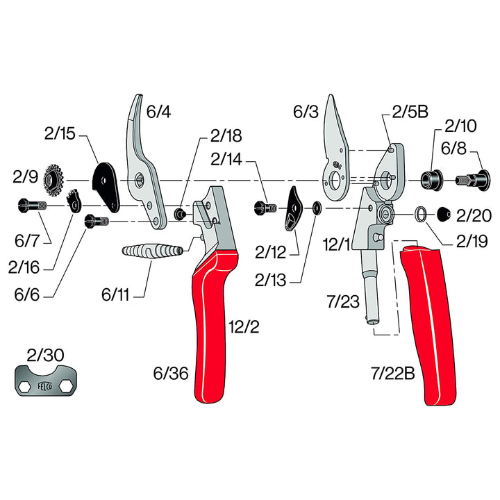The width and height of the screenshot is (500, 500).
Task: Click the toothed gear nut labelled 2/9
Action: point(53,180)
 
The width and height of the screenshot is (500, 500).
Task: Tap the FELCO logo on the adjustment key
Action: point(45,386)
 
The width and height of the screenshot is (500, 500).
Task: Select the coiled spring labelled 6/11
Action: point(153,251)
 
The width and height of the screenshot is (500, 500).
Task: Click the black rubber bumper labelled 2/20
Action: point(444,214)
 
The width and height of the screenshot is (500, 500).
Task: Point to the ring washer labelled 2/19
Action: point(421,214)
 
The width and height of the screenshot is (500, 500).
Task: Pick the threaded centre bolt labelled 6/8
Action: point(473,181)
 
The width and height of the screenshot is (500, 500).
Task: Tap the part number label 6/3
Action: point(306,112)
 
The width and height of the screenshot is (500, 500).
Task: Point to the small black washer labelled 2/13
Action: point(317,208)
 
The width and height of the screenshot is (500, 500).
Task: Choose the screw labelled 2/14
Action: point(265,208)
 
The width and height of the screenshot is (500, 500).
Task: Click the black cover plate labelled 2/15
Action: point(106,187)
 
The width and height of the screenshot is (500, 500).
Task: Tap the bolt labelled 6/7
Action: point(33,205)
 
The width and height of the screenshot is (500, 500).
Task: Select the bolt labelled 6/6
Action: point(97,221)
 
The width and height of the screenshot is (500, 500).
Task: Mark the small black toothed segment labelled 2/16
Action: point(74,201)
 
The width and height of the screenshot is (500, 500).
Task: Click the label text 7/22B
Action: point(392,373)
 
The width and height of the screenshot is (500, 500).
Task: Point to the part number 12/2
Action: point(244,327)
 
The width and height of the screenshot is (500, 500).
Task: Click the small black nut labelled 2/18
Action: point(180,213)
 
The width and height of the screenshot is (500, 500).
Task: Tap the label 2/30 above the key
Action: point(45,355)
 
